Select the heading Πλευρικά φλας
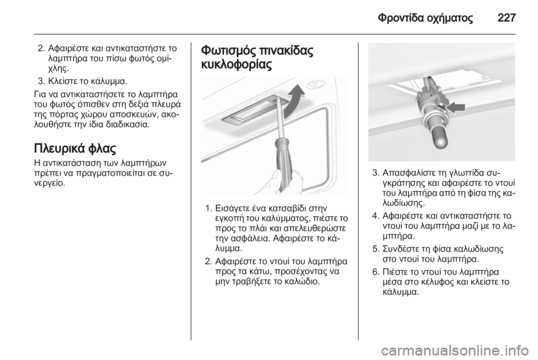tap(75, 149)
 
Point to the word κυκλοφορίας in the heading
tap(236, 64)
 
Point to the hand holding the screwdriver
tap(273, 182)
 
